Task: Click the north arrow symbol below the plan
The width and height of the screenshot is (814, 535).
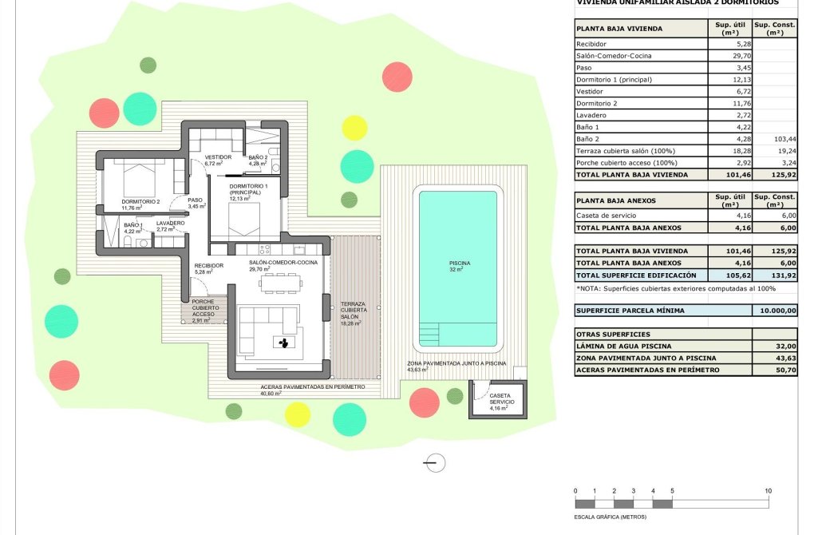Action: coord(435,462)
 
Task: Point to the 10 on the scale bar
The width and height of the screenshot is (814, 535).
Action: coord(767,490)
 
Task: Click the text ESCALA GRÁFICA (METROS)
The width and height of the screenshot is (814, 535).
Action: coord(610,517)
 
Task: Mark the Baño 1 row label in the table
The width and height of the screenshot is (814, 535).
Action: coord(587,127)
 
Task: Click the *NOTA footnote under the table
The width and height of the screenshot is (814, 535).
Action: coord(675,288)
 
